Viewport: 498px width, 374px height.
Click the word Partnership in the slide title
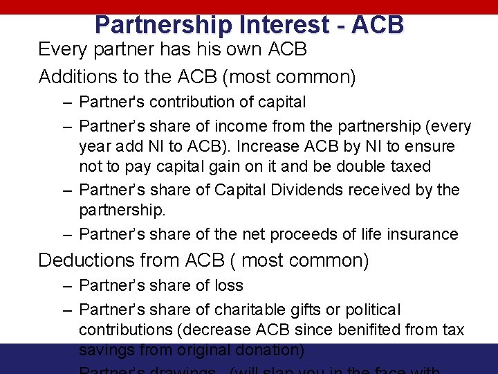pos(163,25)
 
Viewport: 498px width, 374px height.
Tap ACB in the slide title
pos(378,25)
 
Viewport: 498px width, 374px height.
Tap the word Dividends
pos(302,190)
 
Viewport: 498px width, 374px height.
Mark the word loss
pos(229,285)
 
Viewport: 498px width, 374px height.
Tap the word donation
pos(270,350)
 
